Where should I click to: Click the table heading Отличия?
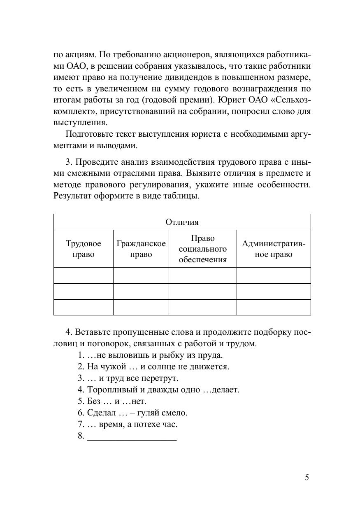click(182, 222)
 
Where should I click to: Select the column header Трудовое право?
click(84, 249)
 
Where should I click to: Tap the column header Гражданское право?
click(141, 249)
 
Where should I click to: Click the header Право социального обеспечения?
click(203, 249)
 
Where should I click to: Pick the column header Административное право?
click(274, 249)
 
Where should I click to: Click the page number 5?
click(307, 478)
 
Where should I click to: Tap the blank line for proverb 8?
click(132, 436)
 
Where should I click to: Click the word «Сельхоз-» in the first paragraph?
click(291, 100)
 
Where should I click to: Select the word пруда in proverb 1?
click(213, 355)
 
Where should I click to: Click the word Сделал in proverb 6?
click(100, 413)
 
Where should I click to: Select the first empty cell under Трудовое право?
click(84, 275)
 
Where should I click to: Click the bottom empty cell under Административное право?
click(274, 307)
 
